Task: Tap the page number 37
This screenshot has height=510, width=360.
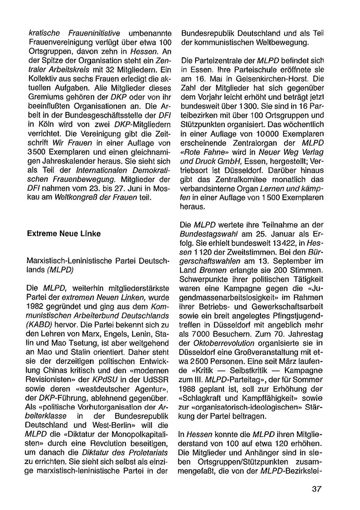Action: coord(317,490)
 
